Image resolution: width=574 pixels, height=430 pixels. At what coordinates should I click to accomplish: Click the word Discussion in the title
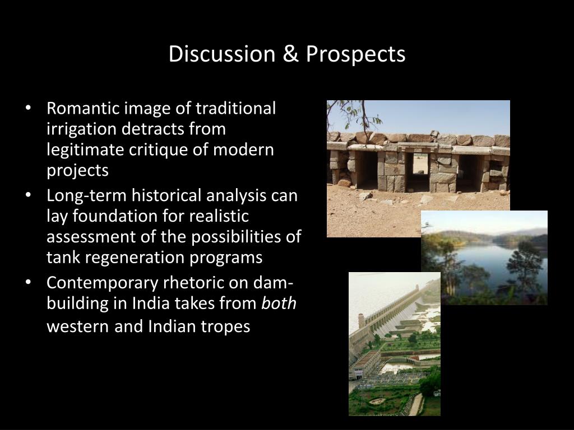tap(222, 54)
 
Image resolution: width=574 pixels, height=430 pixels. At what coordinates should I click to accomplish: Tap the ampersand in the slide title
tap(290, 54)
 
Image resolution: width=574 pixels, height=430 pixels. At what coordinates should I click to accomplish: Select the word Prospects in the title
tap(355, 55)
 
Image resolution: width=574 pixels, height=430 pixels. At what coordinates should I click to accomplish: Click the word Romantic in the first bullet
tap(82, 108)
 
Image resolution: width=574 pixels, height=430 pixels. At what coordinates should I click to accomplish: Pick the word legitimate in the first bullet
tap(85, 150)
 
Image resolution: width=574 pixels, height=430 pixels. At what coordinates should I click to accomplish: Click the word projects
tap(77, 171)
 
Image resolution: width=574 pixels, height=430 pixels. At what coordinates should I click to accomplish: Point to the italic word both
tap(279, 303)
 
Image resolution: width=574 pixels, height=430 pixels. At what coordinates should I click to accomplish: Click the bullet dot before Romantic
tap(28, 109)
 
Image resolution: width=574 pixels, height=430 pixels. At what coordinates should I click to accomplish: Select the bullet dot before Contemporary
tap(28, 283)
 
